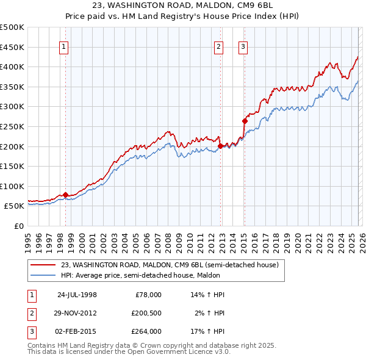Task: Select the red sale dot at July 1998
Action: pyautogui.click(x=65, y=195)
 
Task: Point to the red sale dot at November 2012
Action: pyautogui.click(x=220, y=146)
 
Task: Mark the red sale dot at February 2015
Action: pyautogui.click(x=244, y=121)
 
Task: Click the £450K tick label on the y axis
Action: pyautogui.click(x=12, y=47)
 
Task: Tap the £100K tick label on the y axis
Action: pyautogui.click(x=12, y=186)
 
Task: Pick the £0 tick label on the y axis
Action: pyautogui.click(x=18, y=226)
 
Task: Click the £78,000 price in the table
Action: pyautogui.click(x=148, y=295)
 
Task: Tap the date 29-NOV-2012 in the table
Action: pyautogui.click(x=76, y=313)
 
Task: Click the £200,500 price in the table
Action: pyautogui.click(x=146, y=313)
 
